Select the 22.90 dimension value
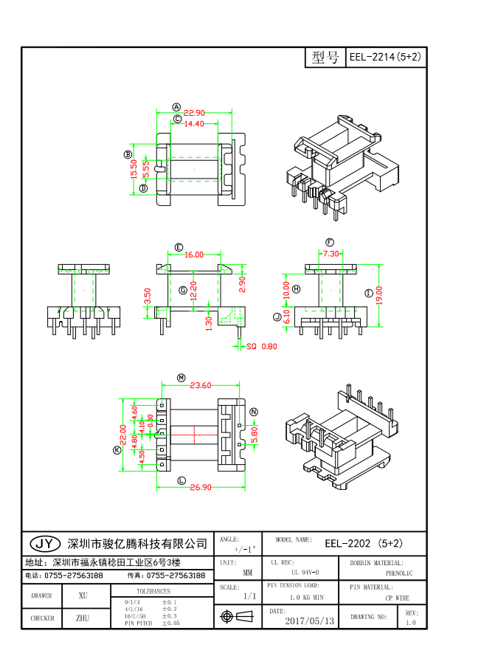(194, 113)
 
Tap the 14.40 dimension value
(194, 124)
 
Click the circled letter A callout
(177, 107)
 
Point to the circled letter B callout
(128, 154)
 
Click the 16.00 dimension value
(194, 255)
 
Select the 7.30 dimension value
(331, 253)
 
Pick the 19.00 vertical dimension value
(378, 294)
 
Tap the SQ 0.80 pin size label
(261, 345)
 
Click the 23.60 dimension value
(200, 384)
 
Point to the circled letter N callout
(254, 412)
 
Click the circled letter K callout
(117, 450)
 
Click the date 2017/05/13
(309, 621)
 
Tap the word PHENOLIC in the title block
(399, 573)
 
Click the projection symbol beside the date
(227, 615)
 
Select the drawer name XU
(83, 595)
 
